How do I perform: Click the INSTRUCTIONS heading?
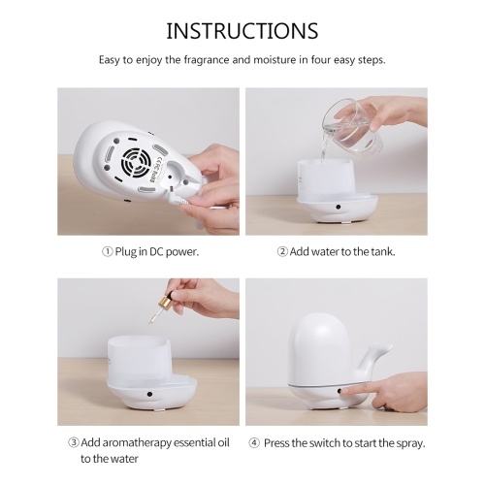[x=242, y=31]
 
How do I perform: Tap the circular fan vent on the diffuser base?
[x=135, y=163]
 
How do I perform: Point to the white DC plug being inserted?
[x=178, y=198]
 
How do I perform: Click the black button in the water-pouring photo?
[x=339, y=207]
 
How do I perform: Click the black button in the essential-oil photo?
[x=149, y=394]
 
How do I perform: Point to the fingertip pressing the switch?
[x=343, y=392]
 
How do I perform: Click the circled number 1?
[x=108, y=251]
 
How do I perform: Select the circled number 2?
[x=282, y=251]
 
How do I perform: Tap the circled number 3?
[x=74, y=442]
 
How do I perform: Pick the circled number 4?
[x=254, y=442]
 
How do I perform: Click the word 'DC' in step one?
[x=156, y=251]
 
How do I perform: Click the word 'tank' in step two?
[x=383, y=251]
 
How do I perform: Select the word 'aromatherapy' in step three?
[x=126, y=443]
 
